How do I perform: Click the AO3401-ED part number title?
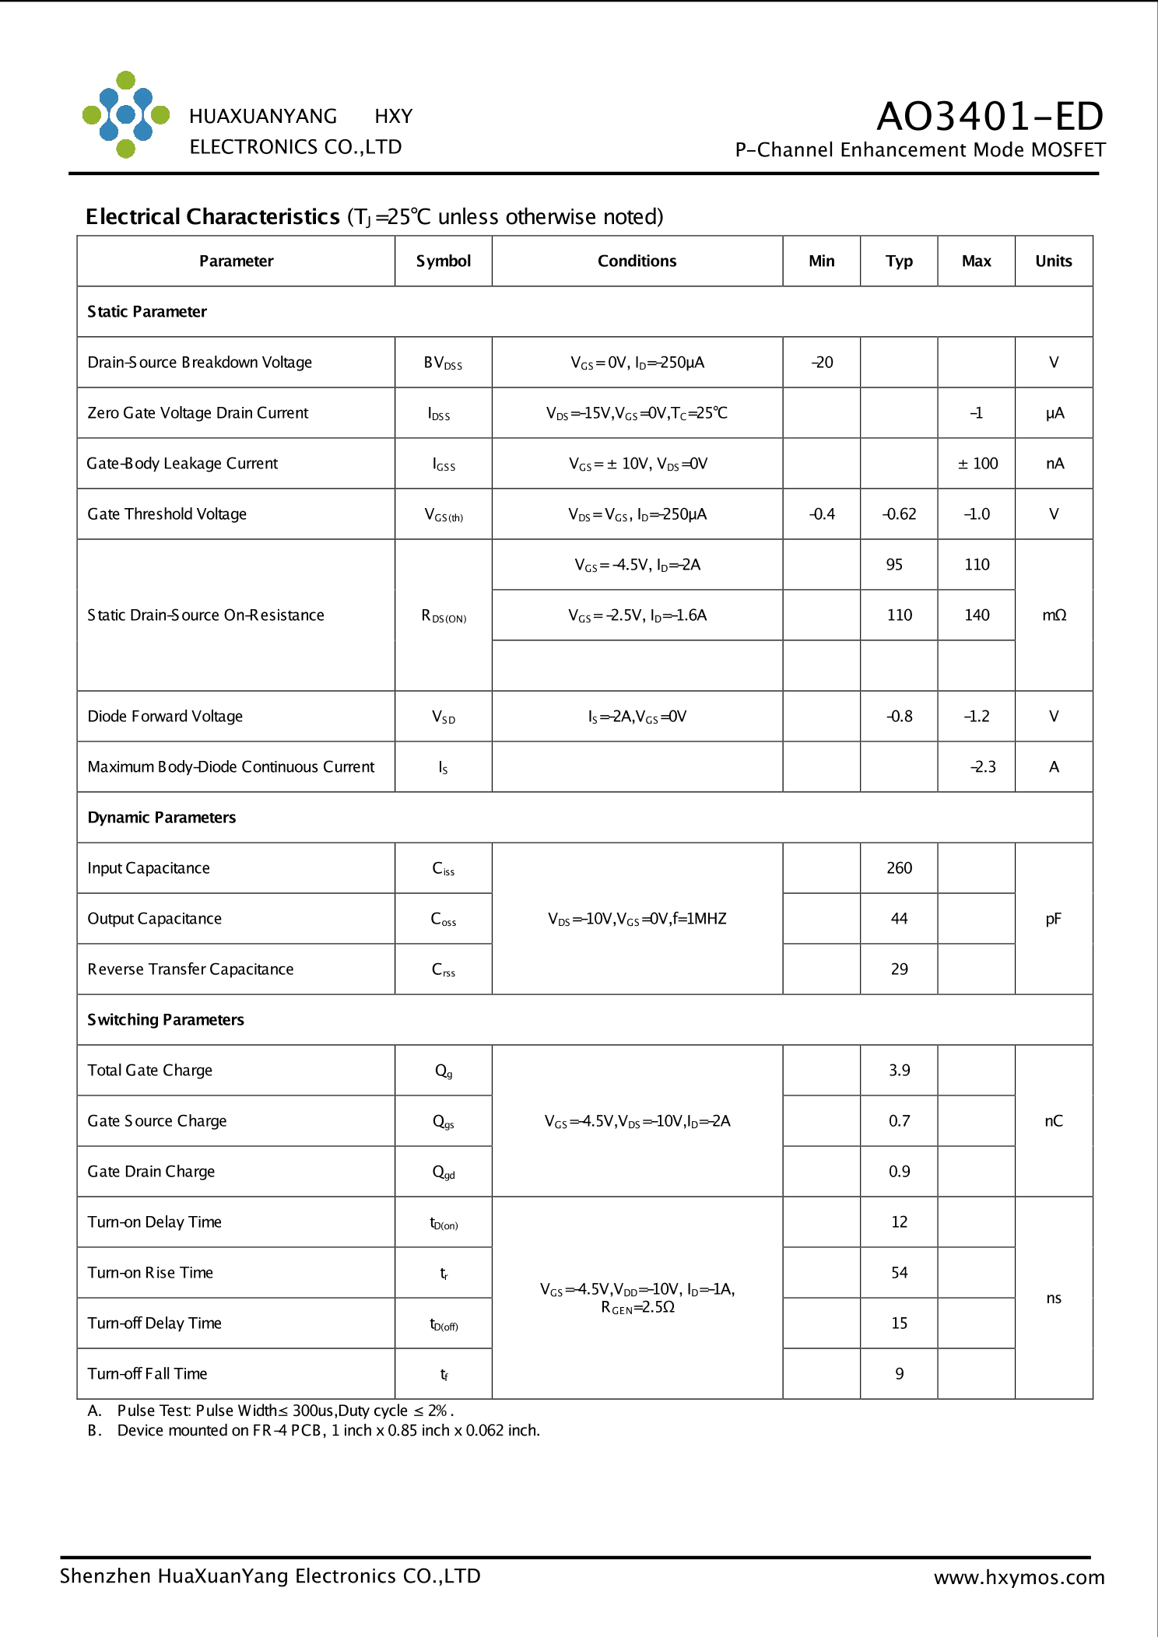click(989, 117)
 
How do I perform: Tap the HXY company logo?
click(126, 115)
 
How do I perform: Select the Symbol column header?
click(443, 261)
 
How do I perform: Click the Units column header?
click(1053, 261)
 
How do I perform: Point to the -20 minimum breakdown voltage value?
click(822, 363)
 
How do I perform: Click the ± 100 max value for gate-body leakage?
click(977, 464)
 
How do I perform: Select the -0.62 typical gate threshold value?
click(899, 514)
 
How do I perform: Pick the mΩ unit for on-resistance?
click(1054, 615)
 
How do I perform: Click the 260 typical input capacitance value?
click(899, 868)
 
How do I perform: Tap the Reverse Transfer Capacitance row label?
click(191, 969)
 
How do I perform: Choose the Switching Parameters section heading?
click(166, 1020)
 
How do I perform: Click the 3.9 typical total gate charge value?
click(899, 1071)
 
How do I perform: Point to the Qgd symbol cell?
click(444, 1172)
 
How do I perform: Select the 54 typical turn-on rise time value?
click(899, 1273)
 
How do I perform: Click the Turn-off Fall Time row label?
click(148, 1374)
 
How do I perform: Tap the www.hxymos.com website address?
click(1019, 1577)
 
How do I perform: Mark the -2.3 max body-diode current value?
click(982, 767)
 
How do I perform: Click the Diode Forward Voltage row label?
click(165, 717)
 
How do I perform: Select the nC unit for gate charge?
click(1053, 1121)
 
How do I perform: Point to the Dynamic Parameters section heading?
click(162, 818)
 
